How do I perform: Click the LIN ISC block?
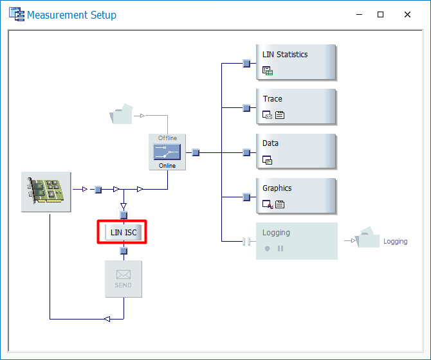point(124,232)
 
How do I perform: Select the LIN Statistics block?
point(296,62)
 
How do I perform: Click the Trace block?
point(296,107)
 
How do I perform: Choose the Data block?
point(296,152)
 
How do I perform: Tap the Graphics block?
point(296,196)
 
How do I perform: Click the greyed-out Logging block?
point(297,240)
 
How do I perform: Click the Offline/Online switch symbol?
point(167,152)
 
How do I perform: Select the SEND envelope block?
point(124,278)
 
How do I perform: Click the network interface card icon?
point(46,191)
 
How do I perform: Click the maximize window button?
point(380,15)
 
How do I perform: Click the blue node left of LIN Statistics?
point(246,63)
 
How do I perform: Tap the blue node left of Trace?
point(246,108)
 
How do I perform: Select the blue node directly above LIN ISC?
point(124,215)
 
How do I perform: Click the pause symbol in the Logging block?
point(280,248)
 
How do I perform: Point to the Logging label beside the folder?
point(395,242)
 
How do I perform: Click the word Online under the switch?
point(167,165)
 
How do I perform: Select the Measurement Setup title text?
point(71,15)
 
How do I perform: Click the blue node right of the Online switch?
point(196,152)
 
